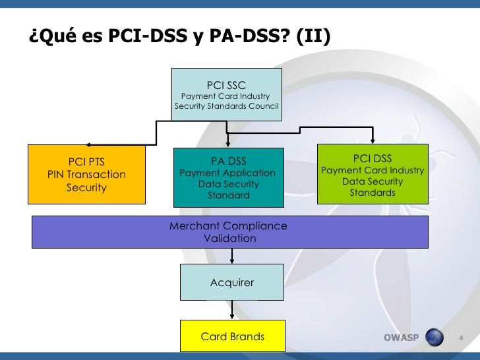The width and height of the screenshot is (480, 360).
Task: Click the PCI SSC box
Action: pyautogui.click(x=227, y=94)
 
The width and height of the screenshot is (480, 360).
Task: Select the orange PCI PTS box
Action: pyautogui.click(x=86, y=175)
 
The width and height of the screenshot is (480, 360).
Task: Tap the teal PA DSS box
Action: pyautogui.click(x=229, y=177)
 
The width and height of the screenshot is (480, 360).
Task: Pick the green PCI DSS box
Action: pyautogui.click(x=373, y=174)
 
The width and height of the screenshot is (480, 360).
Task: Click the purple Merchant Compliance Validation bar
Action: pyautogui.click(x=230, y=232)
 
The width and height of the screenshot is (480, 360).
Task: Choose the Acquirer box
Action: pyautogui.click(x=232, y=282)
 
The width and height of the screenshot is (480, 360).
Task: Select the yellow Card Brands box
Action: pyautogui.click(x=233, y=336)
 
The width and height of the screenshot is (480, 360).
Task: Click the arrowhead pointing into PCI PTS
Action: pyautogui.click(x=88, y=145)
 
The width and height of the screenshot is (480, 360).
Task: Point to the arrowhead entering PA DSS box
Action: pyautogui.click(x=227, y=144)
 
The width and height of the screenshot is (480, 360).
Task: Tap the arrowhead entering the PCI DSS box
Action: pyautogui.click(x=373, y=140)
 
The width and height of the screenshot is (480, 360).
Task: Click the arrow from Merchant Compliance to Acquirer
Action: pyautogui.click(x=232, y=256)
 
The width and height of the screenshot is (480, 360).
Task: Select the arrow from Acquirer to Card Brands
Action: pyautogui.click(x=232, y=310)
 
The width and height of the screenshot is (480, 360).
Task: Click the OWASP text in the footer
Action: pyautogui.click(x=402, y=338)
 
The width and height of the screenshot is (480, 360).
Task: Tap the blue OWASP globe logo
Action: pyautogui.click(x=435, y=337)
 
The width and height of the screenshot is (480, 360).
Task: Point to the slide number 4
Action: pyautogui.click(x=461, y=338)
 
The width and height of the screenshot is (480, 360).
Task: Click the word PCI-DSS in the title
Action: pyautogui.click(x=148, y=36)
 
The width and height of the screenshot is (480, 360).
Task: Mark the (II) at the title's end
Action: pyautogui.click(x=313, y=36)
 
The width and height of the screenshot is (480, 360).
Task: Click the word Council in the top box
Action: pyautogui.click(x=264, y=106)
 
